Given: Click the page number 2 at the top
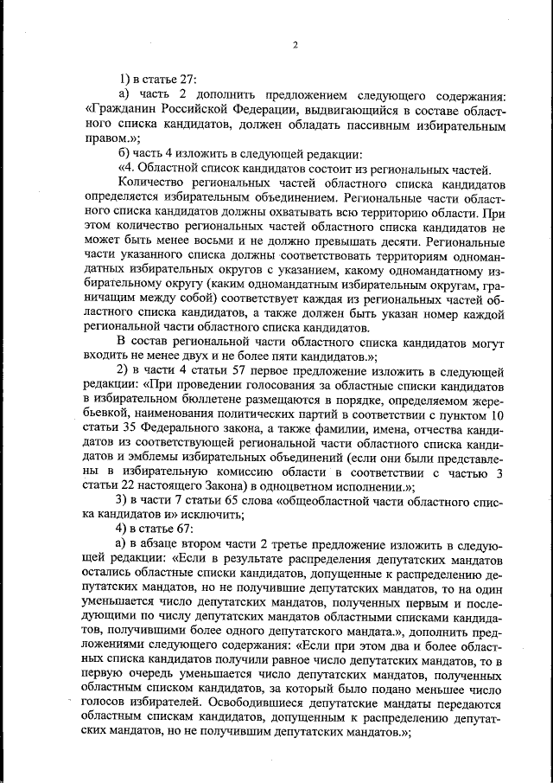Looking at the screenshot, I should pyautogui.click(x=295, y=45).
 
